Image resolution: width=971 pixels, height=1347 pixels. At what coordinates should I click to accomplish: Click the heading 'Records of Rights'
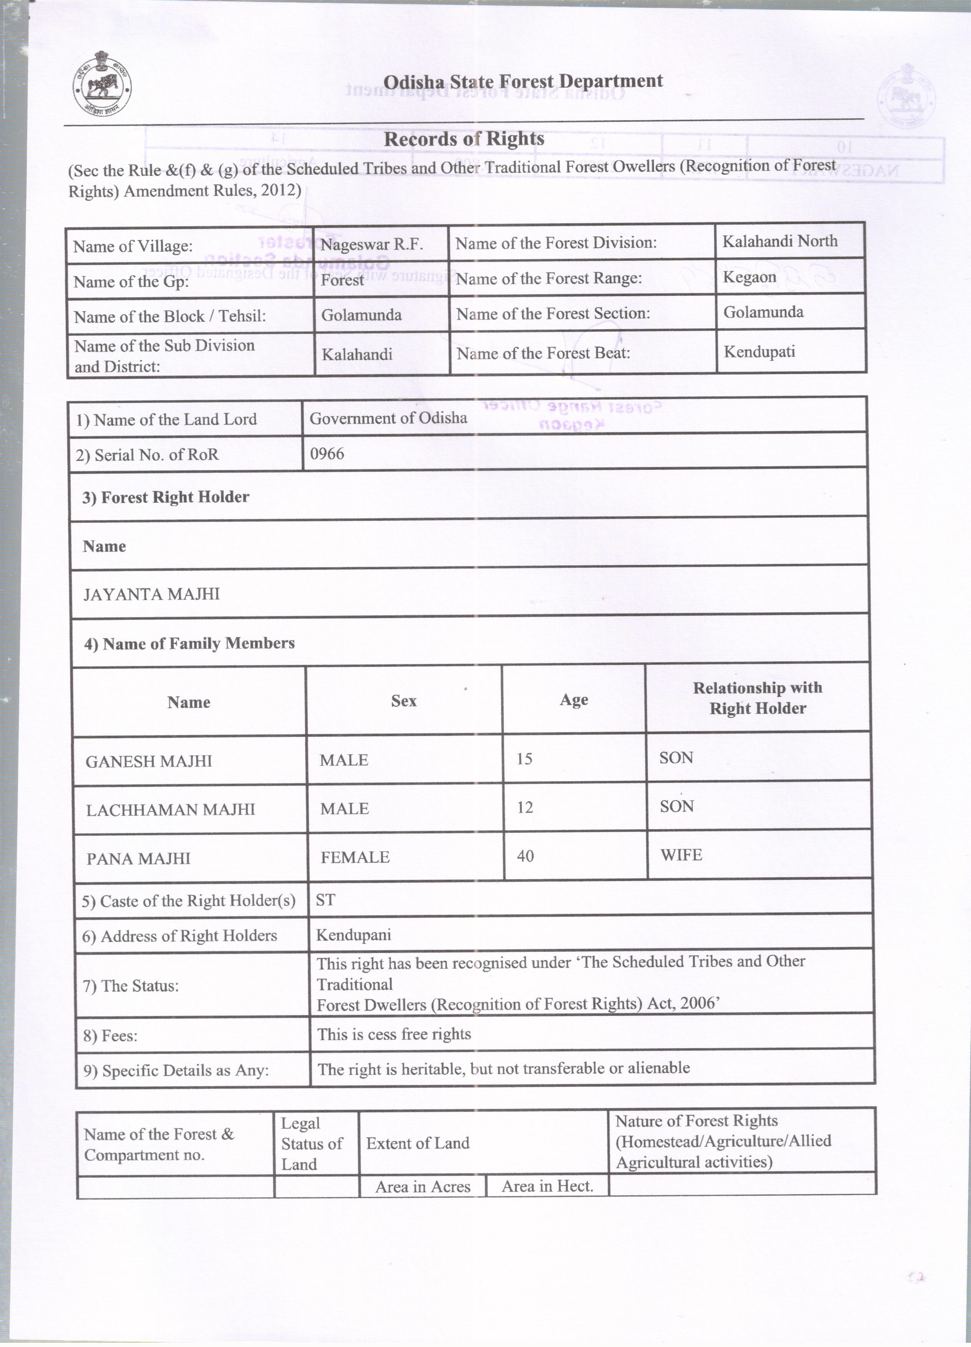pos(464,139)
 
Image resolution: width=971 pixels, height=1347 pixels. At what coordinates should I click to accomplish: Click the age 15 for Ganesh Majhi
pos(524,759)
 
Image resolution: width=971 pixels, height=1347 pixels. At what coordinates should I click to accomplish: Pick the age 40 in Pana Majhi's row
pos(525,856)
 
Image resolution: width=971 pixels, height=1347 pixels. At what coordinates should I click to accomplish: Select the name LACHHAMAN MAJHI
pos(171,810)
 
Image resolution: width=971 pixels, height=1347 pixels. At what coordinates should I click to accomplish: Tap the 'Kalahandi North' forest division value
pos(780,241)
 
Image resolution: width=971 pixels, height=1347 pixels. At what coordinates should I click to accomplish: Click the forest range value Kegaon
pos(749,277)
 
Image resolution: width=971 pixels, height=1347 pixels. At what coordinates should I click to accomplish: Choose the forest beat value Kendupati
pos(759,351)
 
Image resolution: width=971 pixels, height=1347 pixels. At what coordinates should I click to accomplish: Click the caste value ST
pos(325,900)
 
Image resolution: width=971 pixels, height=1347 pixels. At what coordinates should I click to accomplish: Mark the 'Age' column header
pos(574,700)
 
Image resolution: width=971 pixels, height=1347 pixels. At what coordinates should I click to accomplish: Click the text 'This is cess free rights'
pos(394,1034)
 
